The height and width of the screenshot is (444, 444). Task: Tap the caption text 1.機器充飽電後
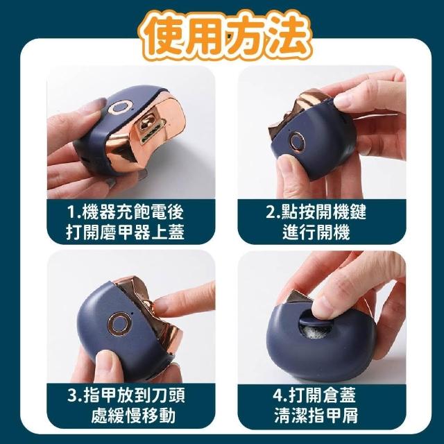point(126,212)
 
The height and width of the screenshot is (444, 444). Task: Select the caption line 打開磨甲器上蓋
point(126,232)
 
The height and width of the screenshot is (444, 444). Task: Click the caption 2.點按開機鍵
point(316,212)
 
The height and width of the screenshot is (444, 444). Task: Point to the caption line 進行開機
point(316,232)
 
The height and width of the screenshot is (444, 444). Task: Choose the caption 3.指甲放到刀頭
point(126,395)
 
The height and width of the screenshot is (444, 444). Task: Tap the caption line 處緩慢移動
point(133,416)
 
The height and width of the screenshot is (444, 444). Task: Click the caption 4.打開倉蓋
point(314,395)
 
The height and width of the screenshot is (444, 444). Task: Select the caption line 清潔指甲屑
point(316,415)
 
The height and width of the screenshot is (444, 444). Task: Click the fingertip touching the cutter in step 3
point(163,307)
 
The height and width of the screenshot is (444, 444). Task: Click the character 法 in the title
point(288,36)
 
